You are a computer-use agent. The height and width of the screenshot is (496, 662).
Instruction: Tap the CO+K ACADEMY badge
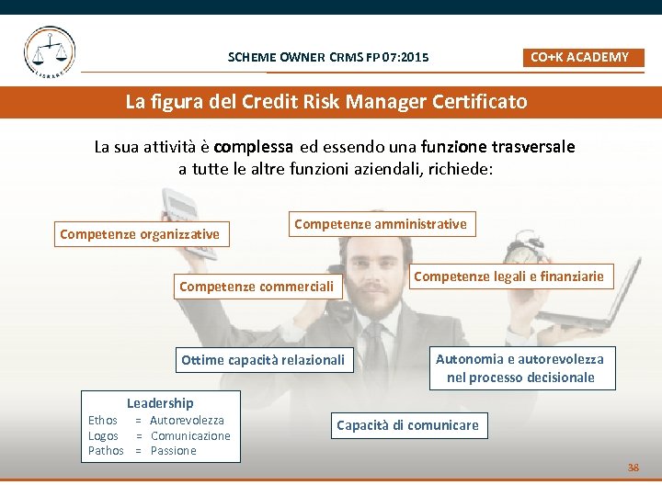click(x=579, y=57)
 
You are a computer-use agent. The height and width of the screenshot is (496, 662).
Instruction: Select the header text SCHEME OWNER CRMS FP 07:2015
click(x=328, y=58)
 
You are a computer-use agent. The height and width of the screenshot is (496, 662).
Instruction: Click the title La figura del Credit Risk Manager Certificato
click(x=326, y=101)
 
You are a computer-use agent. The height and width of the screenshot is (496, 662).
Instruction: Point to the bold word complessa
click(x=254, y=147)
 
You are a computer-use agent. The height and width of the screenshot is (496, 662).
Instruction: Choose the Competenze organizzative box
click(x=140, y=234)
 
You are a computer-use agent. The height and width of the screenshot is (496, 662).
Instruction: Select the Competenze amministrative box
click(x=381, y=224)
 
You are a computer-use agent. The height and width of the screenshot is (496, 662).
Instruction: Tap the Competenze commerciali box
click(x=258, y=287)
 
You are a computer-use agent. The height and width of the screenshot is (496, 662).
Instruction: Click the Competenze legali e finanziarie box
click(x=508, y=276)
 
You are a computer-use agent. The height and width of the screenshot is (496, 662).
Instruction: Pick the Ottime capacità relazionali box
click(x=263, y=360)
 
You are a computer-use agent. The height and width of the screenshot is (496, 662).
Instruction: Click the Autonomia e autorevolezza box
click(x=520, y=368)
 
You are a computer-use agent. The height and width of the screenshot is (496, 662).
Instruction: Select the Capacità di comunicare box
click(x=407, y=425)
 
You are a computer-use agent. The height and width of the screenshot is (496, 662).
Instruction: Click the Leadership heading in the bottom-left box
click(x=160, y=403)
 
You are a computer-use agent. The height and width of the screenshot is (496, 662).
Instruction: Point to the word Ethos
click(x=103, y=421)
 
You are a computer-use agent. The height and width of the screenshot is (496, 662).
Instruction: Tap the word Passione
click(x=174, y=451)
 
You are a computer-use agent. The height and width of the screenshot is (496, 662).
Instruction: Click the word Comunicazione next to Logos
click(x=190, y=436)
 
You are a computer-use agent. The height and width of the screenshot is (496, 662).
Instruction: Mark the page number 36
click(x=633, y=468)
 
